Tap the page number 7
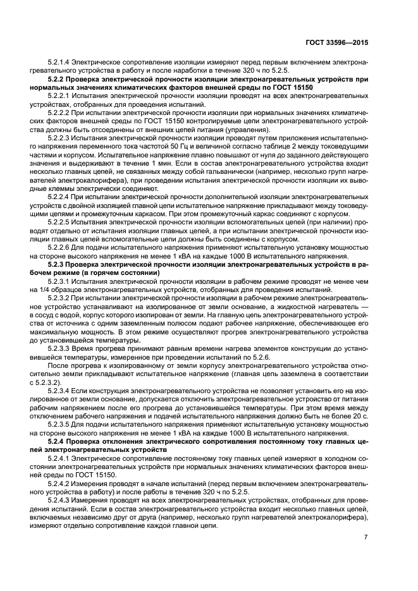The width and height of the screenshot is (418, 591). click(x=366, y=537)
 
